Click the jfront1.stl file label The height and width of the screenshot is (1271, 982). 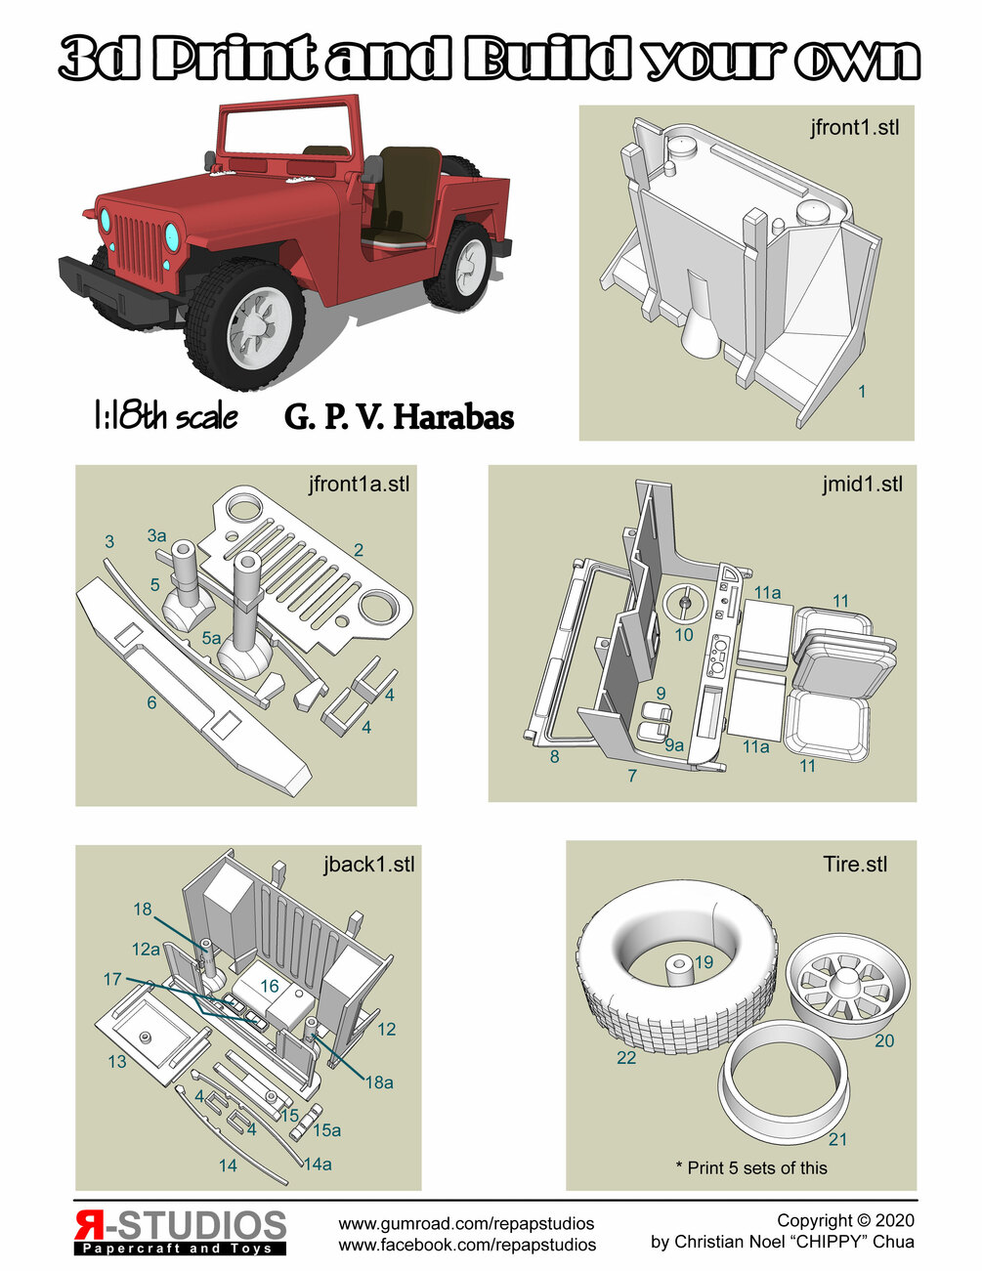pyautogui.click(x=854, y=127)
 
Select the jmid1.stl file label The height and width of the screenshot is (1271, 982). pyautogui.click(x=862, y=484)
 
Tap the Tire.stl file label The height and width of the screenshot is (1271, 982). pyautogui.click(x=855, y=864)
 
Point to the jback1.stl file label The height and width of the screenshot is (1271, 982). pyautogui.click(x=368, y=864)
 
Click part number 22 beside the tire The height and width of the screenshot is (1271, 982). pyautogui.click(x=626, y=1057)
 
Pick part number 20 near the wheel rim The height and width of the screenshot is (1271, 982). pyautogui.click(x=883, y=1040)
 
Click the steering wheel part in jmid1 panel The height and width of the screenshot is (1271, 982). pyautogui.click(x=684, y=605)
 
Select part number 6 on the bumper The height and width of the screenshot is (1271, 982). pyautogui.click(x=151, y=701)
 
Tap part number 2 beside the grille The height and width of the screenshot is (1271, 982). pyautogui.click(x=359, y=550)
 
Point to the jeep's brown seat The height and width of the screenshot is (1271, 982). pyautogui.click(x=406, y=195)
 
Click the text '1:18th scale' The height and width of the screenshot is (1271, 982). pyautogui.click(x=165, y=417)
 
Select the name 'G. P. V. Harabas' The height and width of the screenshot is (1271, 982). pyautogui.click(x=399, y=417)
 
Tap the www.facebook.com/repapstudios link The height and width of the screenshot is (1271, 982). pyautogui.click(x=467, y=1245)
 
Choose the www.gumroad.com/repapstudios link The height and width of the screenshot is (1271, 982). pyautogui.click(x=466, y=1223)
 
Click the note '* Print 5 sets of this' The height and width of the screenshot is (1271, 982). pyautogui.click(x=750, y=1167)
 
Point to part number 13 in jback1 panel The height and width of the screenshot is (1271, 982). pyautogui.click(x=117, y=1061)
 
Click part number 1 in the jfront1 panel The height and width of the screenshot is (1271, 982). pyautogui.click(x=862, y=392)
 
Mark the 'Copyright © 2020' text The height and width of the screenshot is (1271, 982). pyautogui.click(x=845, y=1220)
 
